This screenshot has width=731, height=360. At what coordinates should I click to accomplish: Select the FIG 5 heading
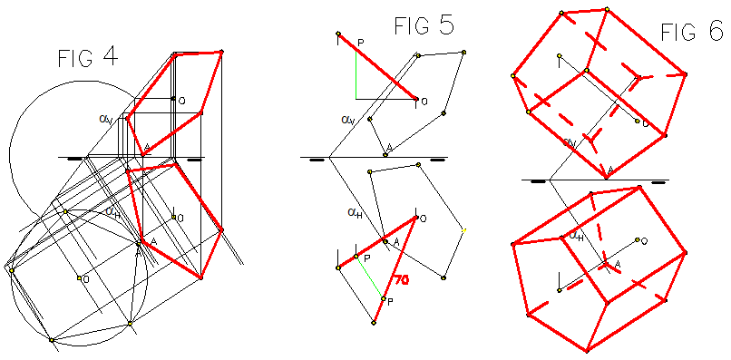(424, 25)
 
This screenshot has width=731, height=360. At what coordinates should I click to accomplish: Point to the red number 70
(401, 282)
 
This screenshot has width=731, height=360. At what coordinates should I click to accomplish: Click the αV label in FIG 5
(348, 119)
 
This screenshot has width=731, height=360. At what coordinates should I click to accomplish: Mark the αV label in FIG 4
(106, 118)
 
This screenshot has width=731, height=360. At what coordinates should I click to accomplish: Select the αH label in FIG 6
(574, 235)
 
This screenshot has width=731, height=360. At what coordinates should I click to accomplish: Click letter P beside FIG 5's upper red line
(360, 43)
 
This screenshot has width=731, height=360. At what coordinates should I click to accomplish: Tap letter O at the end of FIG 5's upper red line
(424, 100)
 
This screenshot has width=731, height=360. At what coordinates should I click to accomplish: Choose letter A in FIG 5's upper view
(389, 147)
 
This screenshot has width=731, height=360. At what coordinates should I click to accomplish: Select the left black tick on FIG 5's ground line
(316, 160)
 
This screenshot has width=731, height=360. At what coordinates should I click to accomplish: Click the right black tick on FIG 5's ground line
(437, 160)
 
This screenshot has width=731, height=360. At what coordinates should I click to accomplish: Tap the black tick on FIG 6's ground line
(539, 181)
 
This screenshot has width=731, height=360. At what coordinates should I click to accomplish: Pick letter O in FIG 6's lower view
(643, 241)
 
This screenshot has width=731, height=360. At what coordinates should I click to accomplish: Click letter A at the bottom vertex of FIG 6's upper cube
(610, 170)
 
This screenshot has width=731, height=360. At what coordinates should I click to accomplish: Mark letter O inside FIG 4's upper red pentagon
(182, 100)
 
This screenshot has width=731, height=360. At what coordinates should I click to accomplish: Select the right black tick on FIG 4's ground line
(193, 159)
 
